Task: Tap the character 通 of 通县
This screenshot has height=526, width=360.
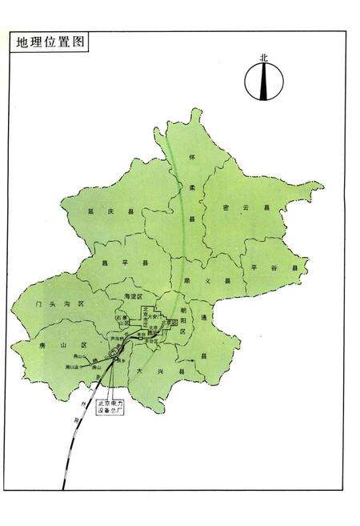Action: pos(205,318)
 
